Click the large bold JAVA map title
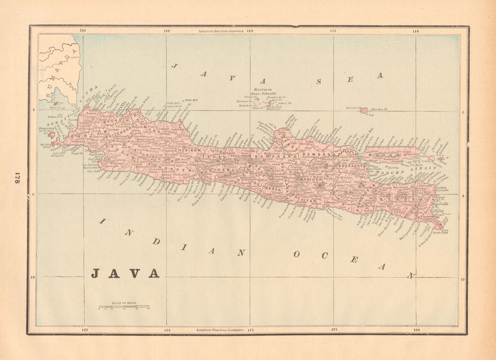[x=125, y=273]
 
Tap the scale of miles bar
[x=124, y=307]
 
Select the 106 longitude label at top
[x=82, y=31]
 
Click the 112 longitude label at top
[x=333, y=31]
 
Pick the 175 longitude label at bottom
[x=167, y=330]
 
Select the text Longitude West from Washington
[x=220, y=330]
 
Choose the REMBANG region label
[x=318, y=155]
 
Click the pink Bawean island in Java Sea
[x=364, y=110]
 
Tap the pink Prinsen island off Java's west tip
[x=51, y=135]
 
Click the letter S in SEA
[x=318, y=82]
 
